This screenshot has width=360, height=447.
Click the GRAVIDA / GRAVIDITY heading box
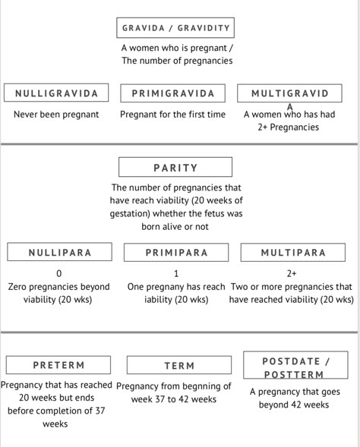pyautogui.click(x=175, y=27)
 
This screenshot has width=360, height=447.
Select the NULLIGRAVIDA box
pyautogui.click(x=56, y=93)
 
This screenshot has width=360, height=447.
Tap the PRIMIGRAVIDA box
pyautogui.click(x=173, y=93)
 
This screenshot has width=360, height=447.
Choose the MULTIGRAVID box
pyautogui.click(x=289, y=93)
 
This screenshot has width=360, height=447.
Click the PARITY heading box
pyautogui.click(x=175, y=167)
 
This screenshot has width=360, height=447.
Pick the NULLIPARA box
pyautogui.click(x=59, y=252)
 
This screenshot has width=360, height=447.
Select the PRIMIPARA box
pyautogui.click(x=176, y=252)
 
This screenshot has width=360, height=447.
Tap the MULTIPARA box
pyautogui.click(x=293, y=252)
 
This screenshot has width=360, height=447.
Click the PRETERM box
pyautogui.click(x=58, y=365)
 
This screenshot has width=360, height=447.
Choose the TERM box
pyautogui.click(x=179, y=365)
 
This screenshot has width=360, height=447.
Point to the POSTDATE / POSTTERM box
pyautogui.click(x=295, y=365)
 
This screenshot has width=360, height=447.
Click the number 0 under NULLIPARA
pyautogui.click(x=59, y=274)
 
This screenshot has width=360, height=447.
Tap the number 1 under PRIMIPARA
pyautogui.click(x=176, y=274)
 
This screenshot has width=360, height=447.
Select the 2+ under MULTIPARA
pyautogui.click(x=292, y=274)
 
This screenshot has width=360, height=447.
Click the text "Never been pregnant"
pyautogui.click(x=56, y=115)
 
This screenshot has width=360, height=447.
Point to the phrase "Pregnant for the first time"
pyautogui.click(x=172, y=115)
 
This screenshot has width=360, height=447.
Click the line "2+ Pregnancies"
pyautogui.click(x=289, y=127)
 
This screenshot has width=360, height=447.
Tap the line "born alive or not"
pyautogui.click(x=175, y=227)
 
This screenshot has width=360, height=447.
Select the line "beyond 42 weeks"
pyautogui.click(x=294, y=405)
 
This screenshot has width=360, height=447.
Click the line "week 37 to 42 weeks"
pyautogui.click(x=174, y=399)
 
